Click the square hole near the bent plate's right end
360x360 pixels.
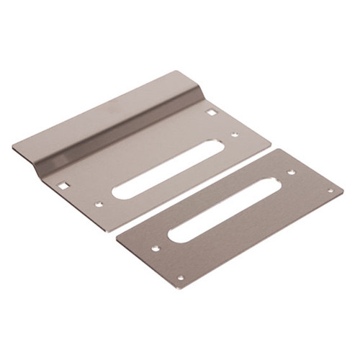point(211,112)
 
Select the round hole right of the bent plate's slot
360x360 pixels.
point(235,134)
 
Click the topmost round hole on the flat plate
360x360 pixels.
point(291,172)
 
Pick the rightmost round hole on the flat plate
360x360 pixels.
point(330,191)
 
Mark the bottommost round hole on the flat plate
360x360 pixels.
point(180,278)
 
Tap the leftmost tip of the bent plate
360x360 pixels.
point(12,147)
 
